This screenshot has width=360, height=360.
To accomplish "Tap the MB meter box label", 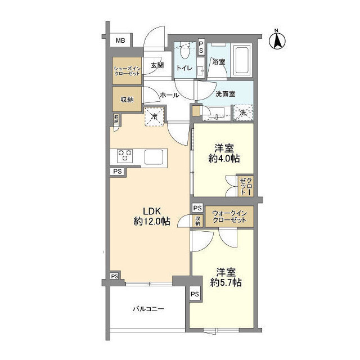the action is click(x=120, y=40).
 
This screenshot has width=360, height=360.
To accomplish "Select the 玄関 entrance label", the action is click(x=157, y=66).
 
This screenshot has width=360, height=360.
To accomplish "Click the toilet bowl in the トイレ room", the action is click(x=184, y=51).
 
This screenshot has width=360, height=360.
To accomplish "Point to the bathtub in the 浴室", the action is click(x=242, y=60).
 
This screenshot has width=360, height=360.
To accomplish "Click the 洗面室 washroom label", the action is click(x=225, y=94).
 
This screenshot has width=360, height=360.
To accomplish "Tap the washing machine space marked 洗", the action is click(x=244, y=112).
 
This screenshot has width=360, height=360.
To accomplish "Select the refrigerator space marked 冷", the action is click(x=154, y=116).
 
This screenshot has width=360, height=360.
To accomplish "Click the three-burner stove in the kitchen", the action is click(x=125, y=155).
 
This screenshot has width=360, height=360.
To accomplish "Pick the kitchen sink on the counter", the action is click(x=154, y=156).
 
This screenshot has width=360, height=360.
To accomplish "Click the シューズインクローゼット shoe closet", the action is click(x=127, y=71).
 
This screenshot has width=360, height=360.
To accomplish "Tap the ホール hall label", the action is click(x=169, y=95).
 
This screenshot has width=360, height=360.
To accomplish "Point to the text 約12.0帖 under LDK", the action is click(x=152, y=221).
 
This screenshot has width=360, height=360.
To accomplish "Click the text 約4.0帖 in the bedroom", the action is click(x=224, y=159).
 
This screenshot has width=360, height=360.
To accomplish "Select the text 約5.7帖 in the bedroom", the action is click(x=226, y=282).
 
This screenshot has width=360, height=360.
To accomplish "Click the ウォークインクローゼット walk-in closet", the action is click(x=229, y=217).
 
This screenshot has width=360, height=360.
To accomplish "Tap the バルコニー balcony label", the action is click(x=148, y=309).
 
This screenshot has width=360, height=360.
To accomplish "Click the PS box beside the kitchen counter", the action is click(x=118, y=172).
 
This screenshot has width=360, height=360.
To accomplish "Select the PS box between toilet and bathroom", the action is click(x=201, y=47).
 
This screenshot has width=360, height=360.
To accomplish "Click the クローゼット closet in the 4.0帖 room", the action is click(x=246, y=186).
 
